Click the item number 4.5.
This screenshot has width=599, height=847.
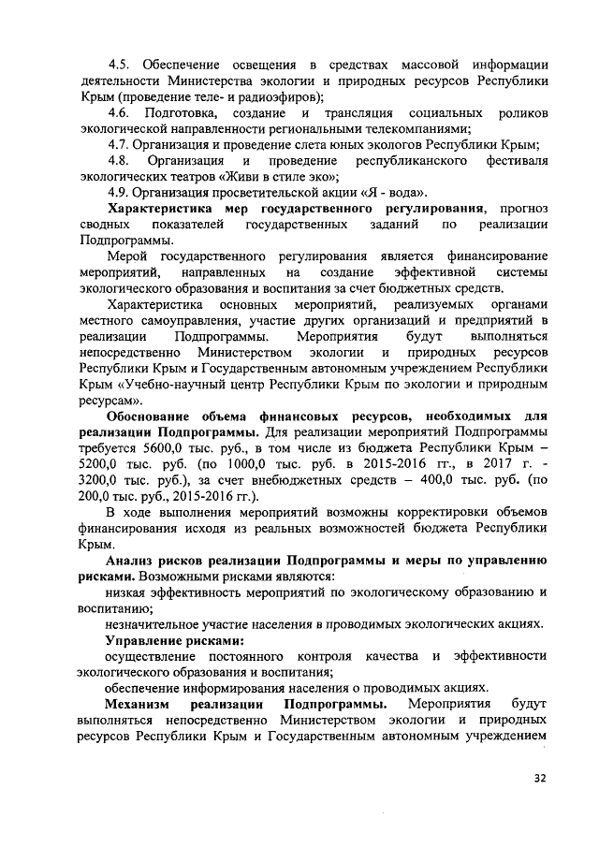click(121, 64)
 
